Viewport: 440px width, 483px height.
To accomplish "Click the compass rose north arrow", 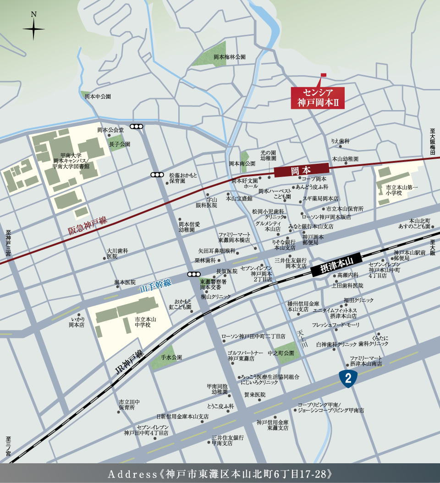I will point(33,28).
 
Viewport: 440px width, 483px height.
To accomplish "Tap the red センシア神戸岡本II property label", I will point(318,97).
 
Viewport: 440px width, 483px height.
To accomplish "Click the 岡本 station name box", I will point(301,171).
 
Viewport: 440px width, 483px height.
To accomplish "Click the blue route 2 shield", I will point(348,378).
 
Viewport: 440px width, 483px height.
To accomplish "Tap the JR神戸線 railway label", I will point(130,363).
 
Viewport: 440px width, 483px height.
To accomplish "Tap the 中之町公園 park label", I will point(280,353).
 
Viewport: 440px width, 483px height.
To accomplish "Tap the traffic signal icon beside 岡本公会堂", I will point(137,127).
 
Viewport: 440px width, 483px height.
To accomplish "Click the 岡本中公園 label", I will point(98,97).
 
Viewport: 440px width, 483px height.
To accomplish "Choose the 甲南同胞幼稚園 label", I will point(217,389).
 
